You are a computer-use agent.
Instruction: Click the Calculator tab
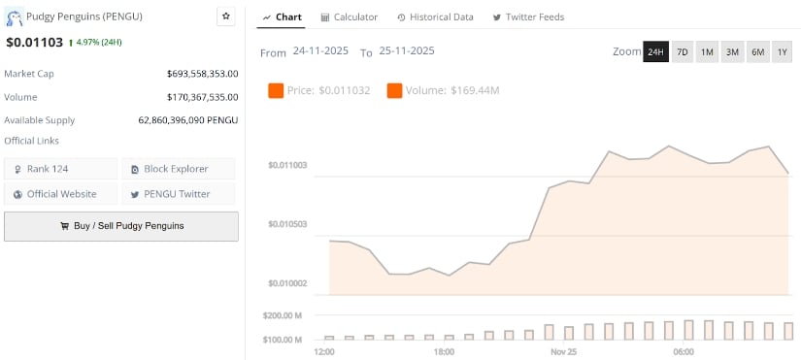(x=349, y=17)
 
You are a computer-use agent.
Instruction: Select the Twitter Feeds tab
(x=528, y=17)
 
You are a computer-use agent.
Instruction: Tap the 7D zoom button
(x=683, y=51)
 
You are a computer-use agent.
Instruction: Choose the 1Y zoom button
(x=783, y=51)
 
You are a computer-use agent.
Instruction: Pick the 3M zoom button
(x=732, y=51)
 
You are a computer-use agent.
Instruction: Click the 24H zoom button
(x=655, y=51)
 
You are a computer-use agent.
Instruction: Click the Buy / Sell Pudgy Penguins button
(x=121, y=226)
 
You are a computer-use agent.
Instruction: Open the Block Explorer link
(x=178, y=169)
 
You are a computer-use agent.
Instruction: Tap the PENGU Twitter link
(x=178, y=194)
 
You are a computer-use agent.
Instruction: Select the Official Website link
(x=61, y=194)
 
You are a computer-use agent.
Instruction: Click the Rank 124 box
(x=61, y=169)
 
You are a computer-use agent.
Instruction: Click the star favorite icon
(x=226, y=16)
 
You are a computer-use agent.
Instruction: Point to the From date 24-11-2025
(x=320, y=50)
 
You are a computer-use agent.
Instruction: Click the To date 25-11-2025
(x=406, y=50)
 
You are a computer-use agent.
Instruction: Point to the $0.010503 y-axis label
(x=287, y=224)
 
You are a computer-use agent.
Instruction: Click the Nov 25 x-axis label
(x=563, y=350)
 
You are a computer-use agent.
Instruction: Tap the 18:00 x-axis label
(x=444, y=350)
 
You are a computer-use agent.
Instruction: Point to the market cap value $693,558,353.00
(x=202, y=73)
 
